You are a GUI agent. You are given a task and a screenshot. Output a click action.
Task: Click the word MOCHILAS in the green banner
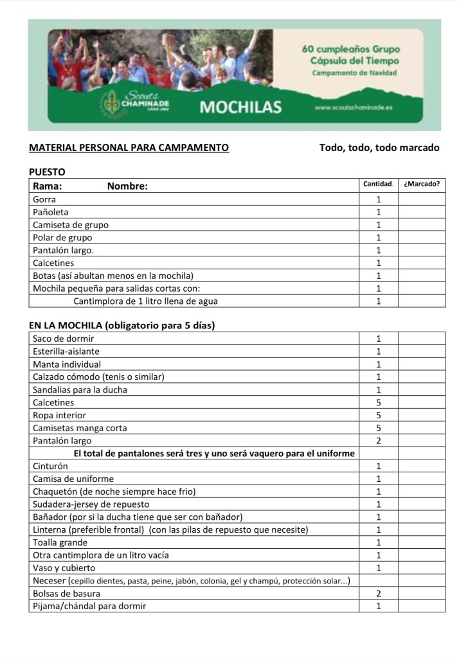240,107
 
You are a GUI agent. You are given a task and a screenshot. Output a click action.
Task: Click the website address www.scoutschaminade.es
354,107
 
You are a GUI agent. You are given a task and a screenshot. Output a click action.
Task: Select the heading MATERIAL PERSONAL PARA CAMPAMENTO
129,148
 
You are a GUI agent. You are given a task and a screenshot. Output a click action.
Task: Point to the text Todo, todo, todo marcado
379,148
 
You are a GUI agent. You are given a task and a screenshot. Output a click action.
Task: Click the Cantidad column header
379,184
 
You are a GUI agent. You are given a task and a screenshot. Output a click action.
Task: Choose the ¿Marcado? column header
422,184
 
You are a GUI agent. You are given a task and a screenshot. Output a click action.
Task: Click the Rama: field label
48,186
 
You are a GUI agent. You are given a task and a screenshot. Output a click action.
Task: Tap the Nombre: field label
127,186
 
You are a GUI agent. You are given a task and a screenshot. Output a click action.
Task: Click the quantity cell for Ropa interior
379,415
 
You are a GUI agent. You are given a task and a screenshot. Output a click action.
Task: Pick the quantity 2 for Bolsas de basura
379,593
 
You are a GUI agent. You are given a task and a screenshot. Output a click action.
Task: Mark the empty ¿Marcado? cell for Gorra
422,199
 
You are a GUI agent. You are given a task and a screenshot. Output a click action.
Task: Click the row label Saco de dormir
63,339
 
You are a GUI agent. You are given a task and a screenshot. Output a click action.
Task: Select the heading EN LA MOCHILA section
122,325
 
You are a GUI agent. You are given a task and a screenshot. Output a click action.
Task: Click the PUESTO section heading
48,172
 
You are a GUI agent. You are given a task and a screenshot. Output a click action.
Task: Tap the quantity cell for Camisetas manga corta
379,428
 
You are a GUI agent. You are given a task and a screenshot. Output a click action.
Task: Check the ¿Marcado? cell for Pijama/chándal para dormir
422,606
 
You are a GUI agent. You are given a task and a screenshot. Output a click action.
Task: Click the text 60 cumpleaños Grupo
351,49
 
